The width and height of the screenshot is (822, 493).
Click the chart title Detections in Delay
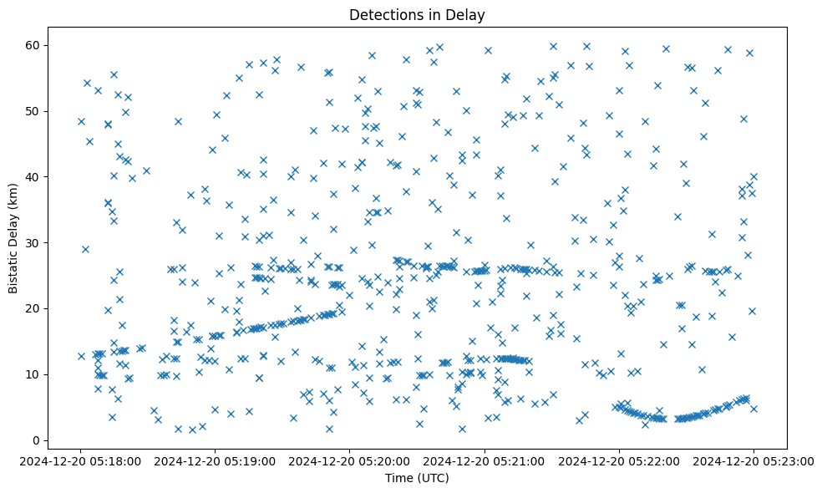[x=417, y=15]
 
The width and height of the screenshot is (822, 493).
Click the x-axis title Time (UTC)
[x=417, y=478]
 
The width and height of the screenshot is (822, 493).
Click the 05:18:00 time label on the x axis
[x=81, y=460]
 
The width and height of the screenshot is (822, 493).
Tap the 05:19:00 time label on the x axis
[x=216, y=460]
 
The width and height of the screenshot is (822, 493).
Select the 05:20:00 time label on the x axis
[x=350, y=460]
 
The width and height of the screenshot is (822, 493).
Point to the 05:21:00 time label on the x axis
[x=485, y=460]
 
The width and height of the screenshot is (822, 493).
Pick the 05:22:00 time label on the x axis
[x=619, y=460]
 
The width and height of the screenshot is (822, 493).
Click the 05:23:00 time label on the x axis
[x=753, y=460]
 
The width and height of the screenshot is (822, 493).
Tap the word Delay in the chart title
[x=469, y=15]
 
